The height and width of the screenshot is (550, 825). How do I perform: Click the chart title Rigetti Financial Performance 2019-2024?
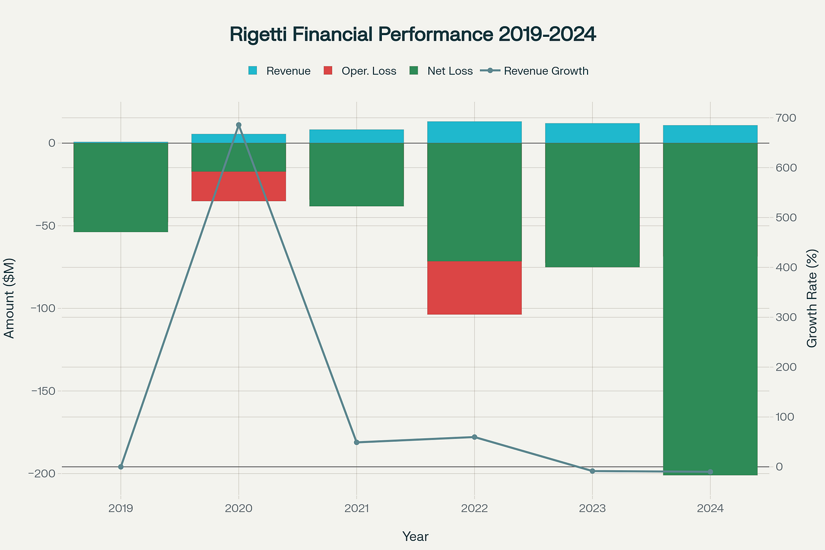pyautogui.click(x=412, y=35)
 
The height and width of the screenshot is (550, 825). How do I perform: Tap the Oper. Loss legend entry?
pyautogui.click(x=360, y=71)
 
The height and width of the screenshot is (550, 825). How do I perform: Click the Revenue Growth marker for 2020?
pyautogui.click(x=239, y=125)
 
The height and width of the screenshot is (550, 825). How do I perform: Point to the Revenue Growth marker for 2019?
pyautogui.click(x=121, y=467)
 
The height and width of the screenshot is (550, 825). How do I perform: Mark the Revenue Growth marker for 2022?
pyautogui.click(x=474, y=437)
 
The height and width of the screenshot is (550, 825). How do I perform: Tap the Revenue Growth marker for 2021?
pyautogui.click(x=356, y=442)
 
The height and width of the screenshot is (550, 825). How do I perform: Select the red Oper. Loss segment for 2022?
pyautogui.click(x=474, y=288)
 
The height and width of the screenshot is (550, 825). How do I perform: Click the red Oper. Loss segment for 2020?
pyautogui.click(x=239, y=186)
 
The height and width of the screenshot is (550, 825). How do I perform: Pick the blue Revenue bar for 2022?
pyautogui.click(x=474, y=133)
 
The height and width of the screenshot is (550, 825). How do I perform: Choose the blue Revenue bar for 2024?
pyautogui.click(x=710, y=134)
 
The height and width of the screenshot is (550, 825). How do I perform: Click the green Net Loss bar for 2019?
pyautogui.click(x=121, y=187)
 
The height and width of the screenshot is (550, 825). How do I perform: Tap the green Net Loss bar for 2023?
pyautogui.click(x=592, y=204)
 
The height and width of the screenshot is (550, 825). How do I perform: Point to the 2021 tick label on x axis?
pyautogui.click(x=356, y=509)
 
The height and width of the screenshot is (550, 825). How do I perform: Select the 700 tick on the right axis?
pyautogui.click(x=787, y=118)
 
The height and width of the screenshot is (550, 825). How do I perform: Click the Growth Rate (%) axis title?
pyautogui.click(x=812, y=298)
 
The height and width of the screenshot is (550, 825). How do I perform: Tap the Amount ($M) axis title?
pyautogui.click(x=10, y=298)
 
